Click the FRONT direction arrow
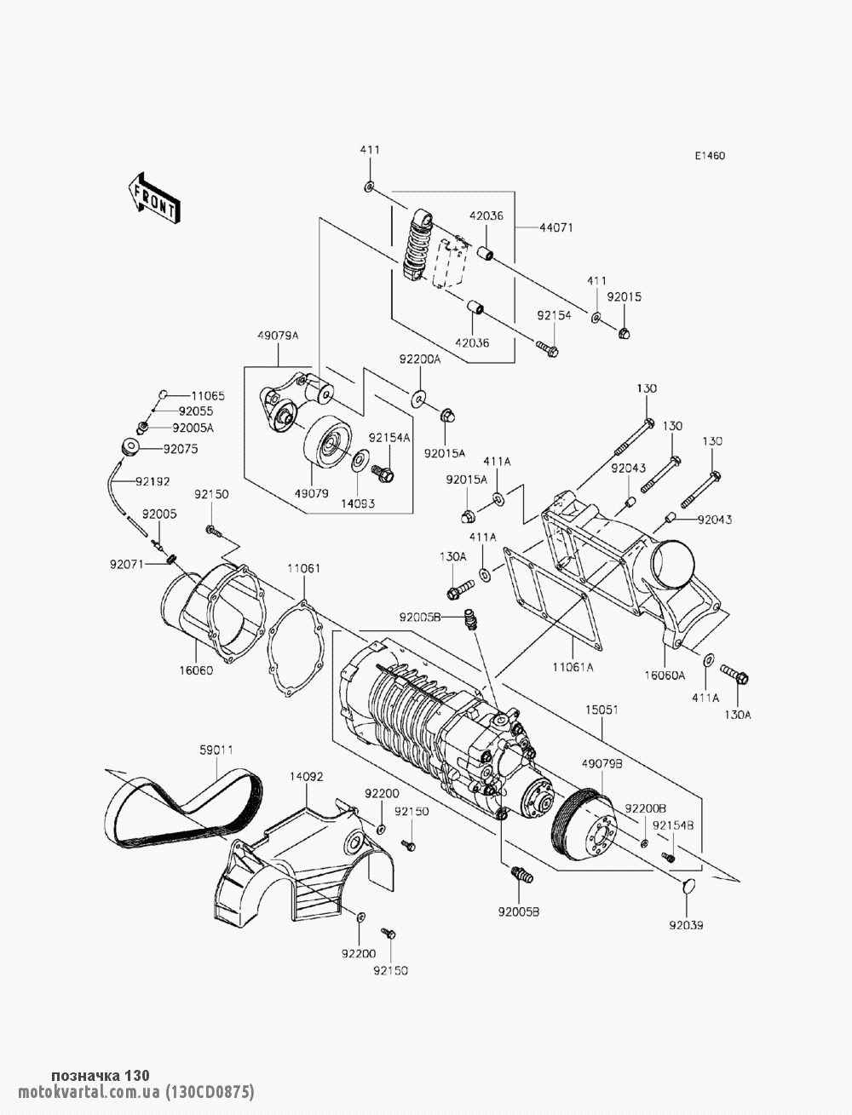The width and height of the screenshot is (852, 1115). (x=154, y=198)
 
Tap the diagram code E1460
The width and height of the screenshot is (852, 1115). (x=710, y=156)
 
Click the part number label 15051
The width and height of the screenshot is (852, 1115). (x=602, y=710)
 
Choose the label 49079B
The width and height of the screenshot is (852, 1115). (x=602, y=763)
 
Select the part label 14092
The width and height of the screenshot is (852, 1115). (x=307, y=777)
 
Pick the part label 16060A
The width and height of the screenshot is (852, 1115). (x=665, y=675)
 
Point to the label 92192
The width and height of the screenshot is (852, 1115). (x=152, y=481)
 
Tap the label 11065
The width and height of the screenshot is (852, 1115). (x=208, y=396)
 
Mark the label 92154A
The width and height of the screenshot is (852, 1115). (x=389, y=438)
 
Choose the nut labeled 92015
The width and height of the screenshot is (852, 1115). (x=625, y=333)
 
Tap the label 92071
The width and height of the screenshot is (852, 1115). (x=126, y=564)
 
